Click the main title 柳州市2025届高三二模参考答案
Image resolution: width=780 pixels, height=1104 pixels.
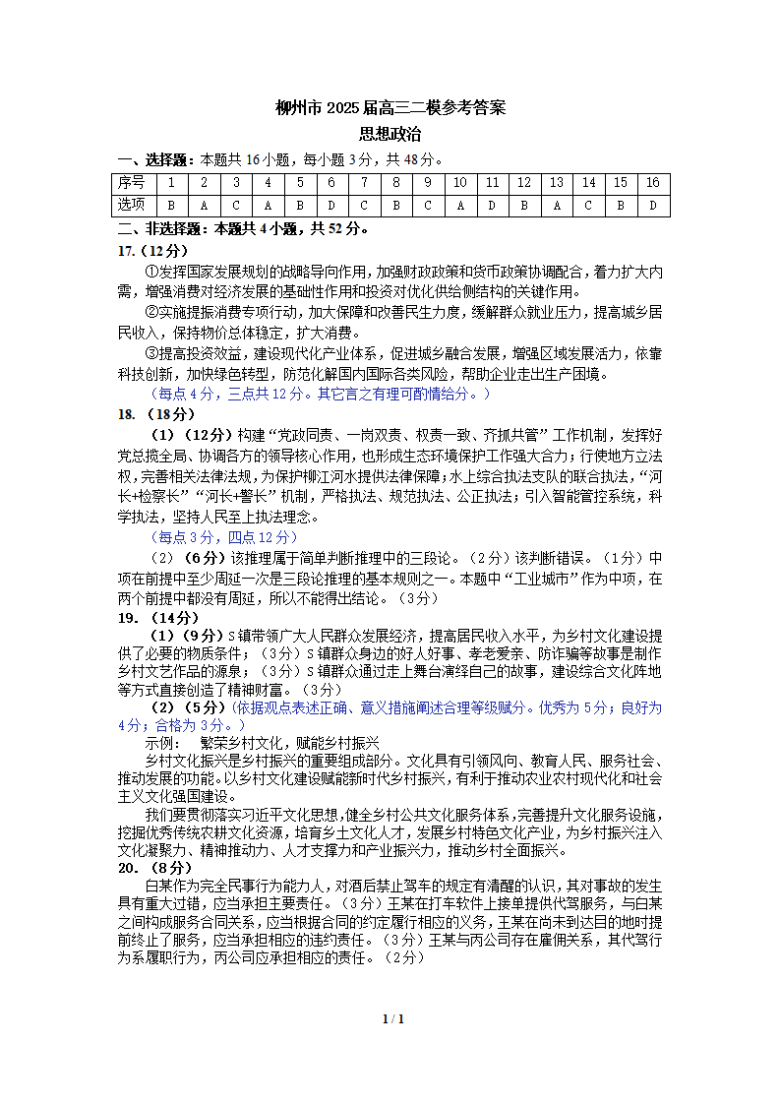pos(390,108)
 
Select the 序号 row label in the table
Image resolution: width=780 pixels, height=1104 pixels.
pos(132,183)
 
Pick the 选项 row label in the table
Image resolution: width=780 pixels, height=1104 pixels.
pos(132,205)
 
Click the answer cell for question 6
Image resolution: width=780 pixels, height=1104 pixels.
pos(331,205)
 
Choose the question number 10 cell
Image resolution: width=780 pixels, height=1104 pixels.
pos(459,183)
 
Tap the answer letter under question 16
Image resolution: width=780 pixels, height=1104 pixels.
pos(652,205)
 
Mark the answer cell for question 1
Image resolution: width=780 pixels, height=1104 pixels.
pos(171,205)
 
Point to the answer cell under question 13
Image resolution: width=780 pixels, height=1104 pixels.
pos(556,205)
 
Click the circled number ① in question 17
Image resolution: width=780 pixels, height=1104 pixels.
pos(151,272)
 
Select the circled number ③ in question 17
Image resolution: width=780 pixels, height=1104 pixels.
pos(151,353)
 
